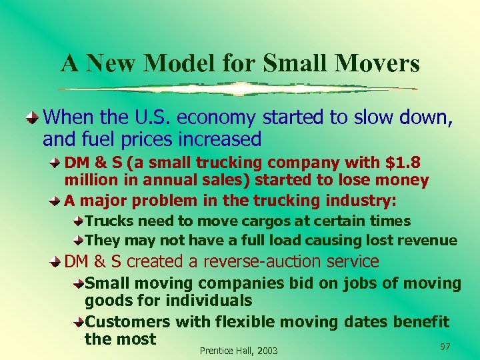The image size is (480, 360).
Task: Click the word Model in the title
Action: click(179, 63)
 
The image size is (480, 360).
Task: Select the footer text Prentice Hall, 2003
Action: click(239, 351)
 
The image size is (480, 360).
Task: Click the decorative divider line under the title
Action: click(237, 89)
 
